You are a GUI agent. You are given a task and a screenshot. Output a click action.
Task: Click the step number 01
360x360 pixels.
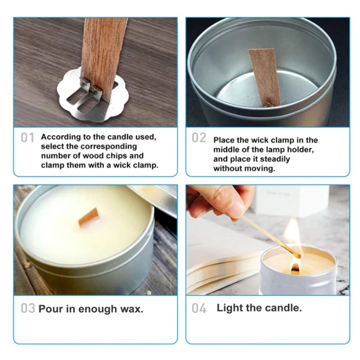[28, 138]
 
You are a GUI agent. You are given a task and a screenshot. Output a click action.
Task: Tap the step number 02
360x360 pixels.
[199, 138]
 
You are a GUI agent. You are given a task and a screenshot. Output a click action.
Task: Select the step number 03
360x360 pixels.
[28, 309]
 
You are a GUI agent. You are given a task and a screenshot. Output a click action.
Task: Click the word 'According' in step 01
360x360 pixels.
[59, 137]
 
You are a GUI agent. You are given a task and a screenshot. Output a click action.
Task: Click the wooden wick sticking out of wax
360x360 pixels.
[89, 217]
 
